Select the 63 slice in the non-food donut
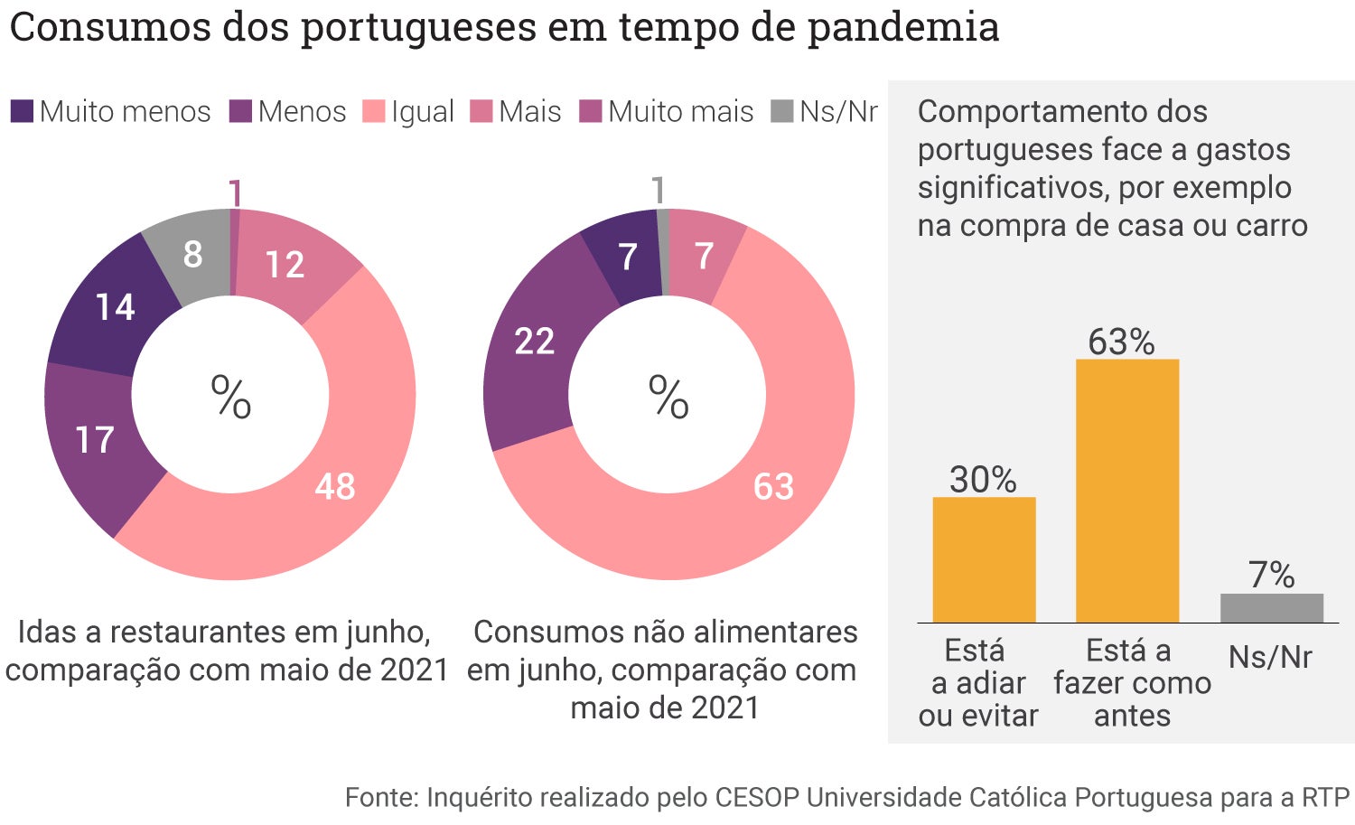(773, 485)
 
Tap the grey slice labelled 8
(192, 254)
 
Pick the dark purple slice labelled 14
(115, 307)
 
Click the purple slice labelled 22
(533, 341)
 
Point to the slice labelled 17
(95, 440)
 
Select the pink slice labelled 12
(285, 264)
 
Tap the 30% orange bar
(984, 559)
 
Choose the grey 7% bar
(1271, 608)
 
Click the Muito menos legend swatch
(22, 111)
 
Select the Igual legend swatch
(373, 111)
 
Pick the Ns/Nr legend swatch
(781, 111)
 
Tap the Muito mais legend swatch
(590, 111)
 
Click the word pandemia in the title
(902, 27)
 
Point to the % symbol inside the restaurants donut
(230, 397)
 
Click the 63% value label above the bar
(1121, 342)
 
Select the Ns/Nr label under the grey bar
(1270, 657)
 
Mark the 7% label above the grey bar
(1271, 575)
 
